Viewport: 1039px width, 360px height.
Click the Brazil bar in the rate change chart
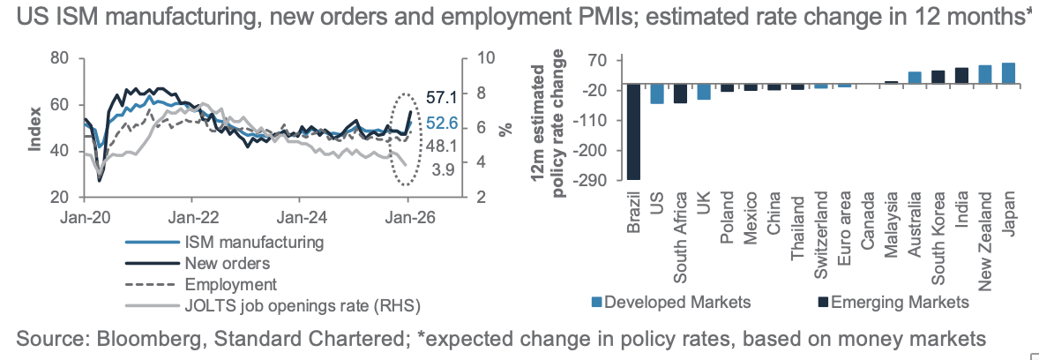pyautogui.click(x=632, y=131)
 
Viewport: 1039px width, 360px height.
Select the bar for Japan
pyautogui.click(x=1008, y=73)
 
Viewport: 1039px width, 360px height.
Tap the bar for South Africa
pyautogui.click(x=680, y=94)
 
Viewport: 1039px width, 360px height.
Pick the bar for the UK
pyautogui.click(x=703, y=91)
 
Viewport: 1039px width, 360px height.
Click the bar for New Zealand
pyautogui.click(x=985, y=74)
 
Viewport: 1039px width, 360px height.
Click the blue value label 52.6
pyautogui.click(x=442, y=124)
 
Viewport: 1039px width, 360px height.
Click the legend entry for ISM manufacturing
pyautogui.click(x=253, y=240)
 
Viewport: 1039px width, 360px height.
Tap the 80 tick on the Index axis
pyautogui.click(x=61, y=58)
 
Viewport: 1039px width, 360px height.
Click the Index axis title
pyautogui.click(x=35, y=128)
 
